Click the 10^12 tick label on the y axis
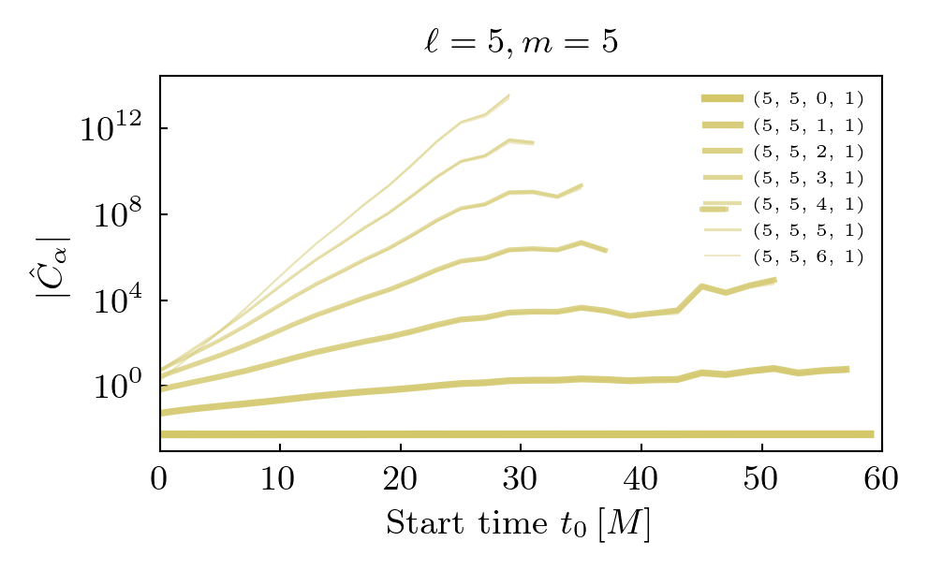[x=110, y=129]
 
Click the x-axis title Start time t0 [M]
[x=518, y=524]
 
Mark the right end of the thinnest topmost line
[x=508, y=95]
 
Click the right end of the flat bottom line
[x=872, y=434]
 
